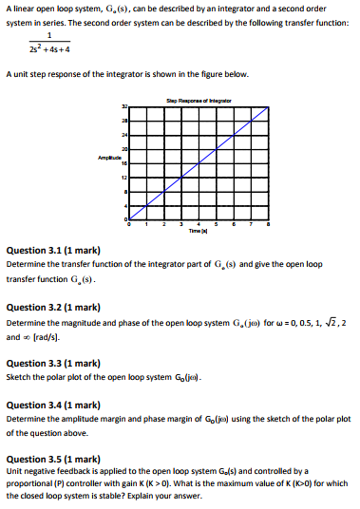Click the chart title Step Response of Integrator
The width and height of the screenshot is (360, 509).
(x=200, y=99)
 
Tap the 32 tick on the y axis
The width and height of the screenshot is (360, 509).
(x=124, y=105)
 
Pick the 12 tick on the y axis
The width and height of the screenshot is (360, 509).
(x=124, y=179)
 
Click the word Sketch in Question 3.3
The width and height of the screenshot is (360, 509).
(x=19, y=377)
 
